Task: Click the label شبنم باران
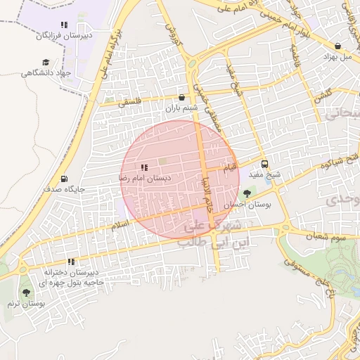pos(183,108)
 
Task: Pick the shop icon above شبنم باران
pos(183,98)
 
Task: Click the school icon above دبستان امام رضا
pos(144,167)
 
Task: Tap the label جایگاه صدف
pos(64,189)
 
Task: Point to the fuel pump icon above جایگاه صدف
pos(65,179)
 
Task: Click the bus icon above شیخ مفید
pos(264,165)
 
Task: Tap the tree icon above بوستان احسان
pos(247,193)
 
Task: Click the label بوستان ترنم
pos(26,304)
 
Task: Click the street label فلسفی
pos(130,103)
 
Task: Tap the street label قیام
pos(230,169)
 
